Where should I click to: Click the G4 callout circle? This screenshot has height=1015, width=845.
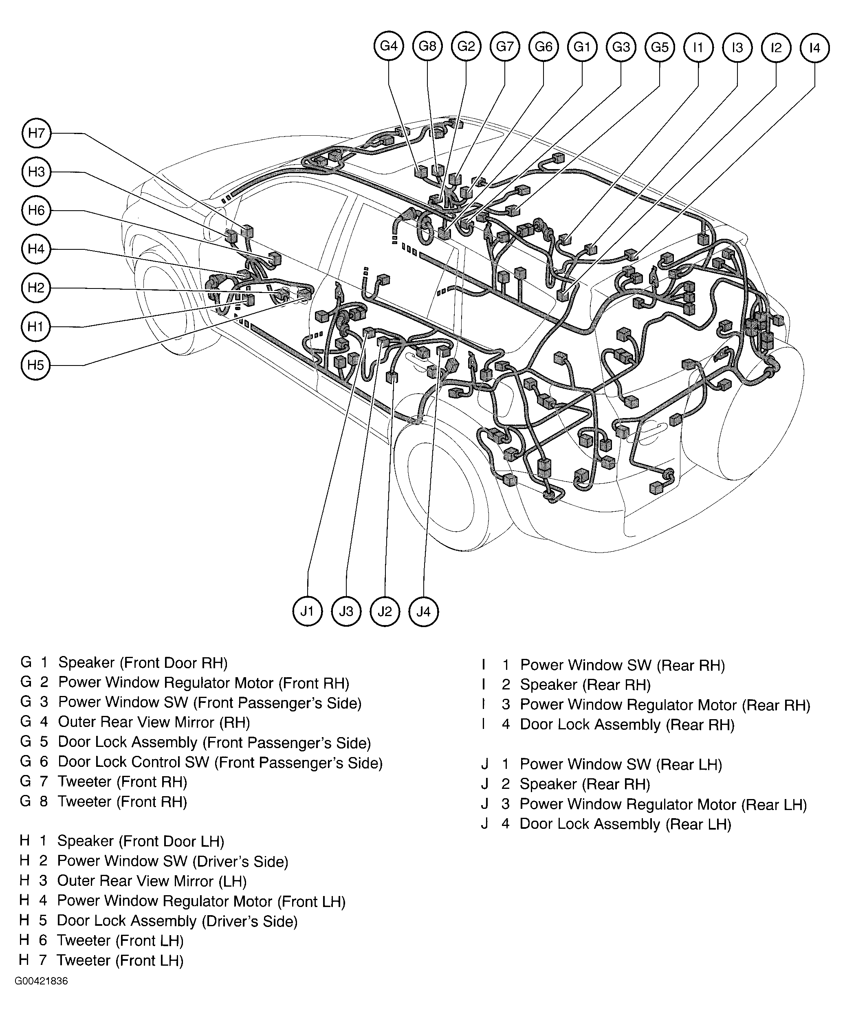[389, 46]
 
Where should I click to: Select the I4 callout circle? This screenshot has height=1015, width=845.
[814, 47]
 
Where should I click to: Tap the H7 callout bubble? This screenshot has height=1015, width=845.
[36, 133]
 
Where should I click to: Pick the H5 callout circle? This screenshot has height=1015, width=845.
[36, 365]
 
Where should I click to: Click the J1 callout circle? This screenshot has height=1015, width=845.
[308, 612]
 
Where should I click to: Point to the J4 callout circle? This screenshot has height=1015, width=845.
[423, 612]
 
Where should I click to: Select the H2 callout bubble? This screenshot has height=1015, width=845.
[36, 288]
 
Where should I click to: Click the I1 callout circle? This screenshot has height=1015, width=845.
[698, 47]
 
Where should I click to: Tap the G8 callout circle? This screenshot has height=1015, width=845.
[427, 46]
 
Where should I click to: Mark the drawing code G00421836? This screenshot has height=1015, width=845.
[41, 981]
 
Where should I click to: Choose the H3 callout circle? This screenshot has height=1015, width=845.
[36, 172]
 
